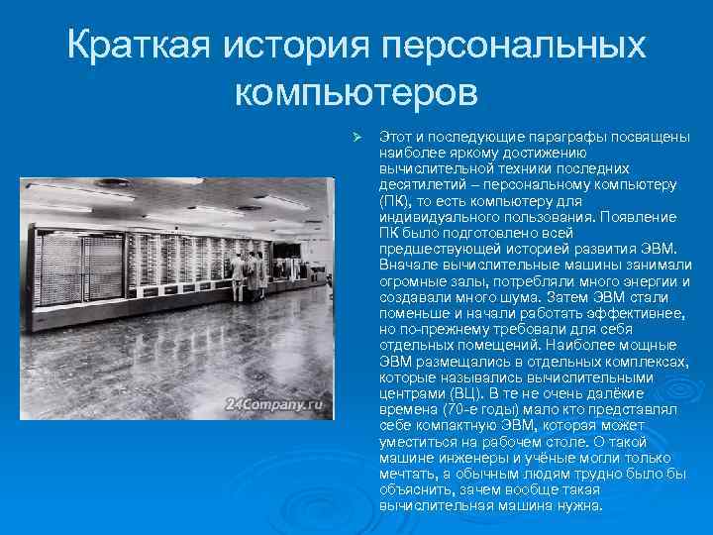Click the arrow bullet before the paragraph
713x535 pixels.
click(360, 137)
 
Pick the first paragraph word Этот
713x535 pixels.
click(395, 137)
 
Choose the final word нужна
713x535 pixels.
click(579, 505)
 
